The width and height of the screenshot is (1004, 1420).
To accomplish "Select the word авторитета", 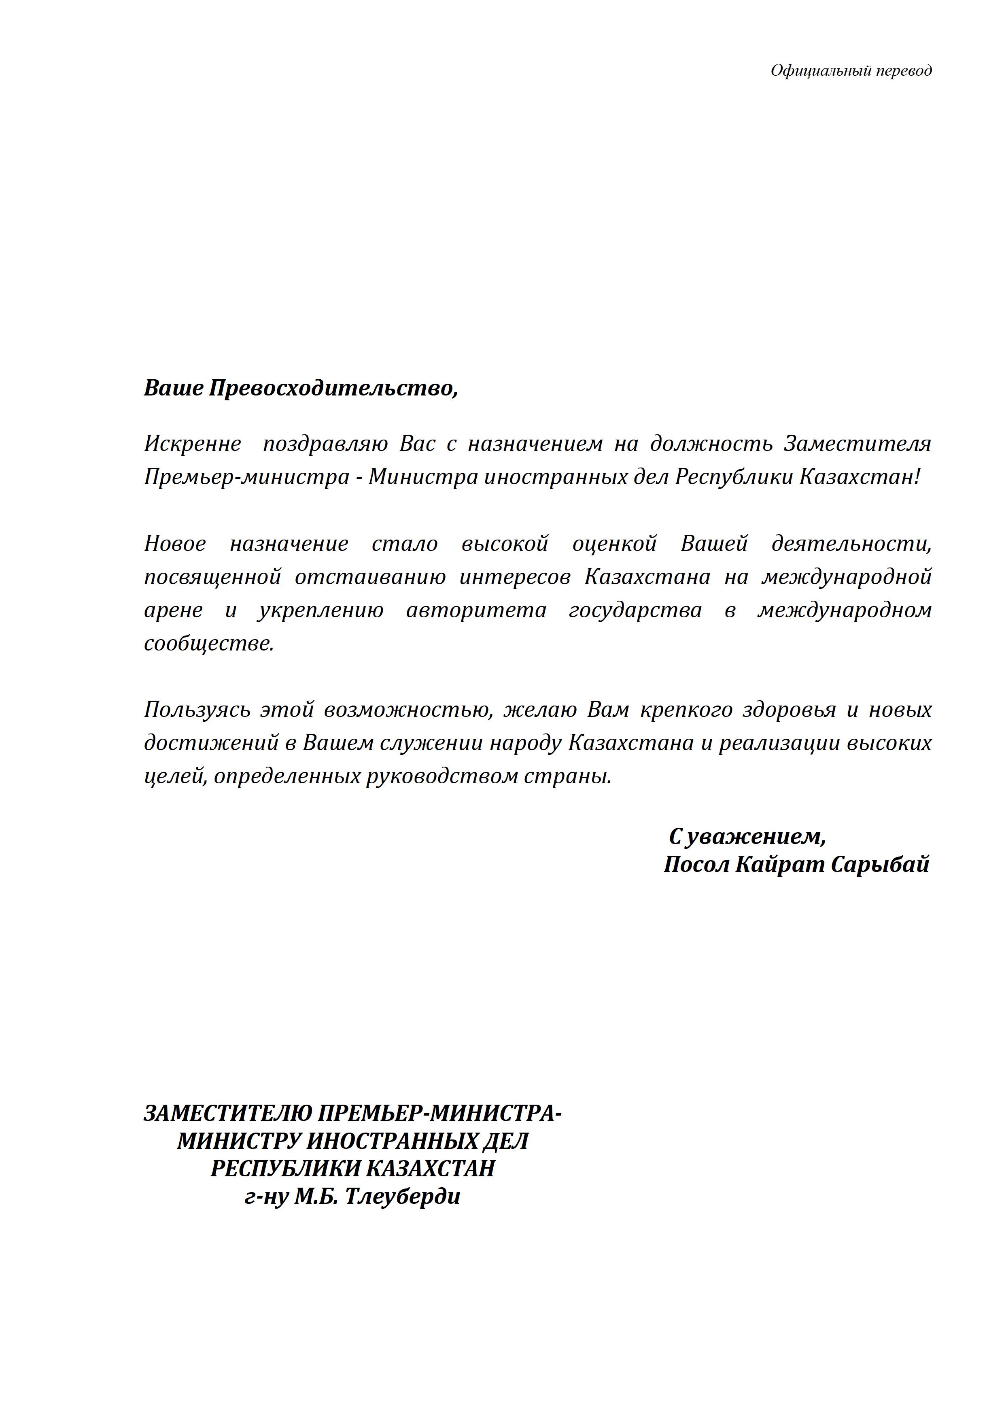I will pyautogui.click(x=476, y=610).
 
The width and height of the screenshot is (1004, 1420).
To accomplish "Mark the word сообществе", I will pyautogui.click(x=208, y=643).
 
